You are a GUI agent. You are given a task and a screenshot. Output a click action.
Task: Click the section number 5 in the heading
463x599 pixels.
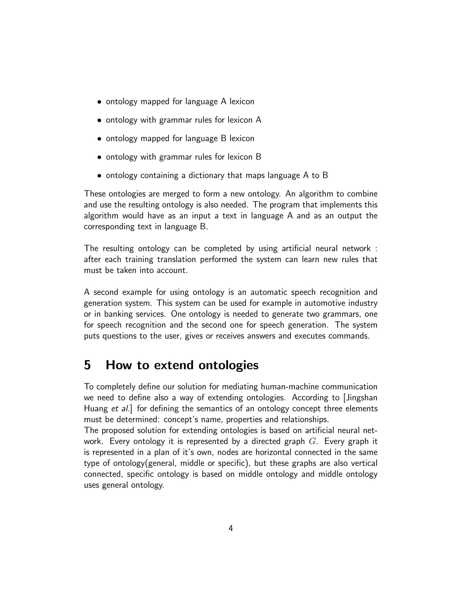[87, 365]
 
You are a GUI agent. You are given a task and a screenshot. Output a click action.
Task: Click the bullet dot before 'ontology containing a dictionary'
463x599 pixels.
[99, 176]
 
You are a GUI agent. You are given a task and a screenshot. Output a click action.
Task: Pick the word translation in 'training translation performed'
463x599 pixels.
[176, 259]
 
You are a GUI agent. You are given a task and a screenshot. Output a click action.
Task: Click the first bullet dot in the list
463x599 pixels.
[99, 102]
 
